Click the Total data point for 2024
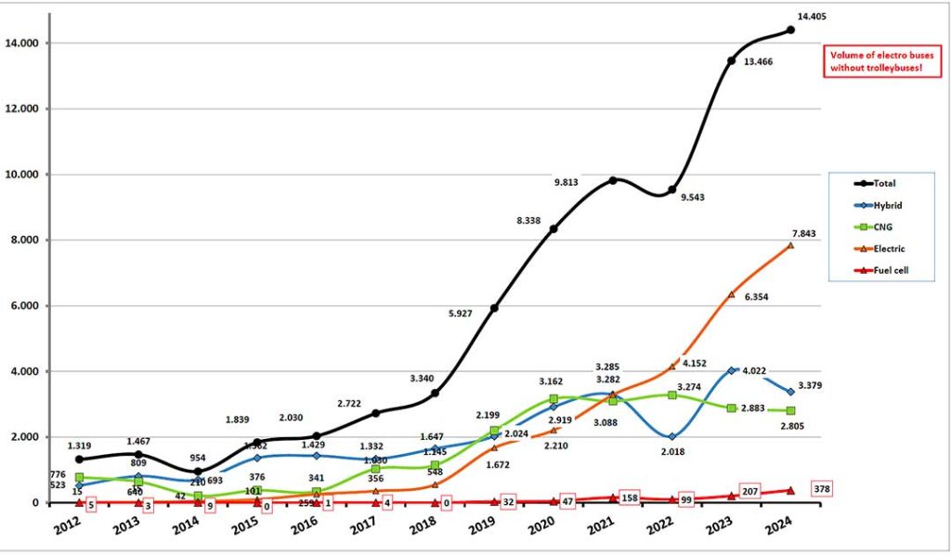click(x=790, y=30)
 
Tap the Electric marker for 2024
click(x=790, y=245)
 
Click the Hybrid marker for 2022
click(x=671, y=436)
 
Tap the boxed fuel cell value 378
click(x=822, y=488)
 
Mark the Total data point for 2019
click(x=494, y=307)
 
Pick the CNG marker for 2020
click(x=554, y=399)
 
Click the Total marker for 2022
click(x=671, y=189)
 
